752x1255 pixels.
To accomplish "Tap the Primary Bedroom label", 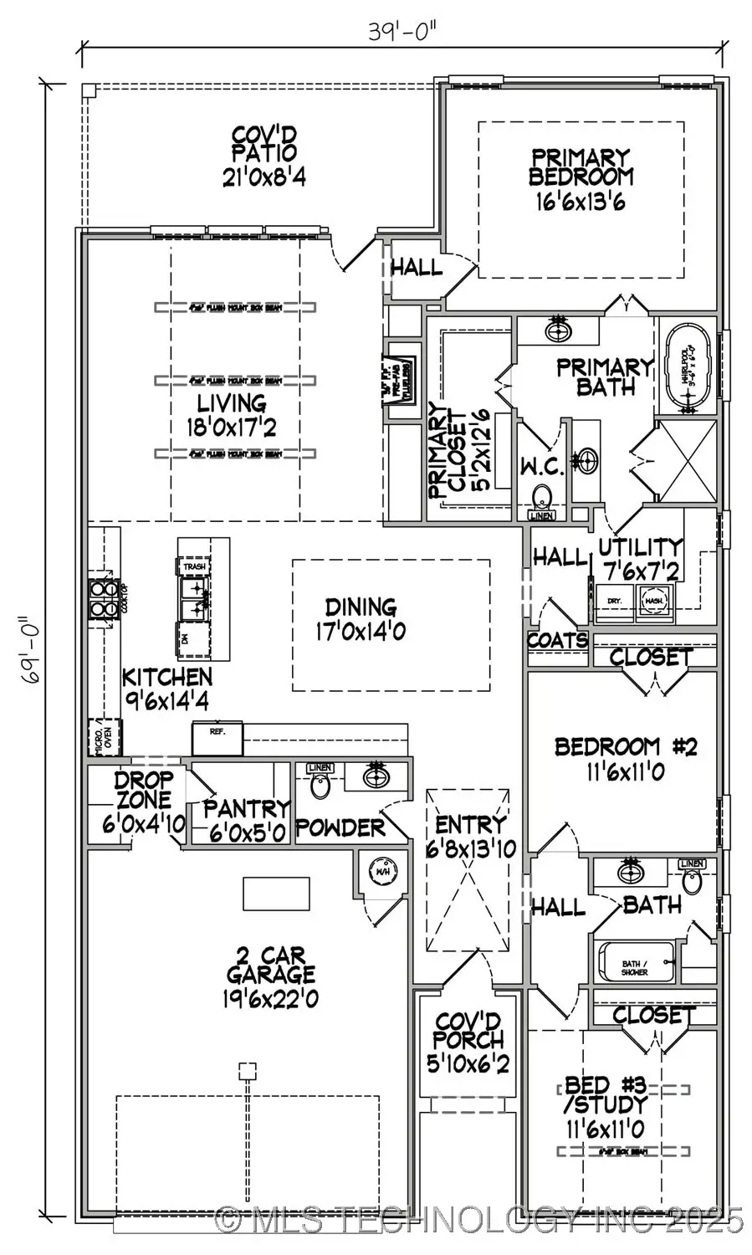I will coord(581,167).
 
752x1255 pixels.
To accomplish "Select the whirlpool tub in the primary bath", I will coord(688,369).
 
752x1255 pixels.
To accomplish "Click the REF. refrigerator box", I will coord(217,738).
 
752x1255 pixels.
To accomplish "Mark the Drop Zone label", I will coord(143,800).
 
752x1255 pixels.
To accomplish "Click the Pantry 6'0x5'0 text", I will coord(246,820).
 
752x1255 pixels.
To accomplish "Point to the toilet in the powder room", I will coord(320,783).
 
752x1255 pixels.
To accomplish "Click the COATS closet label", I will coord(558,641).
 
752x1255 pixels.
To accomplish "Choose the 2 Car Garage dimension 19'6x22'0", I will coord(270,998).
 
